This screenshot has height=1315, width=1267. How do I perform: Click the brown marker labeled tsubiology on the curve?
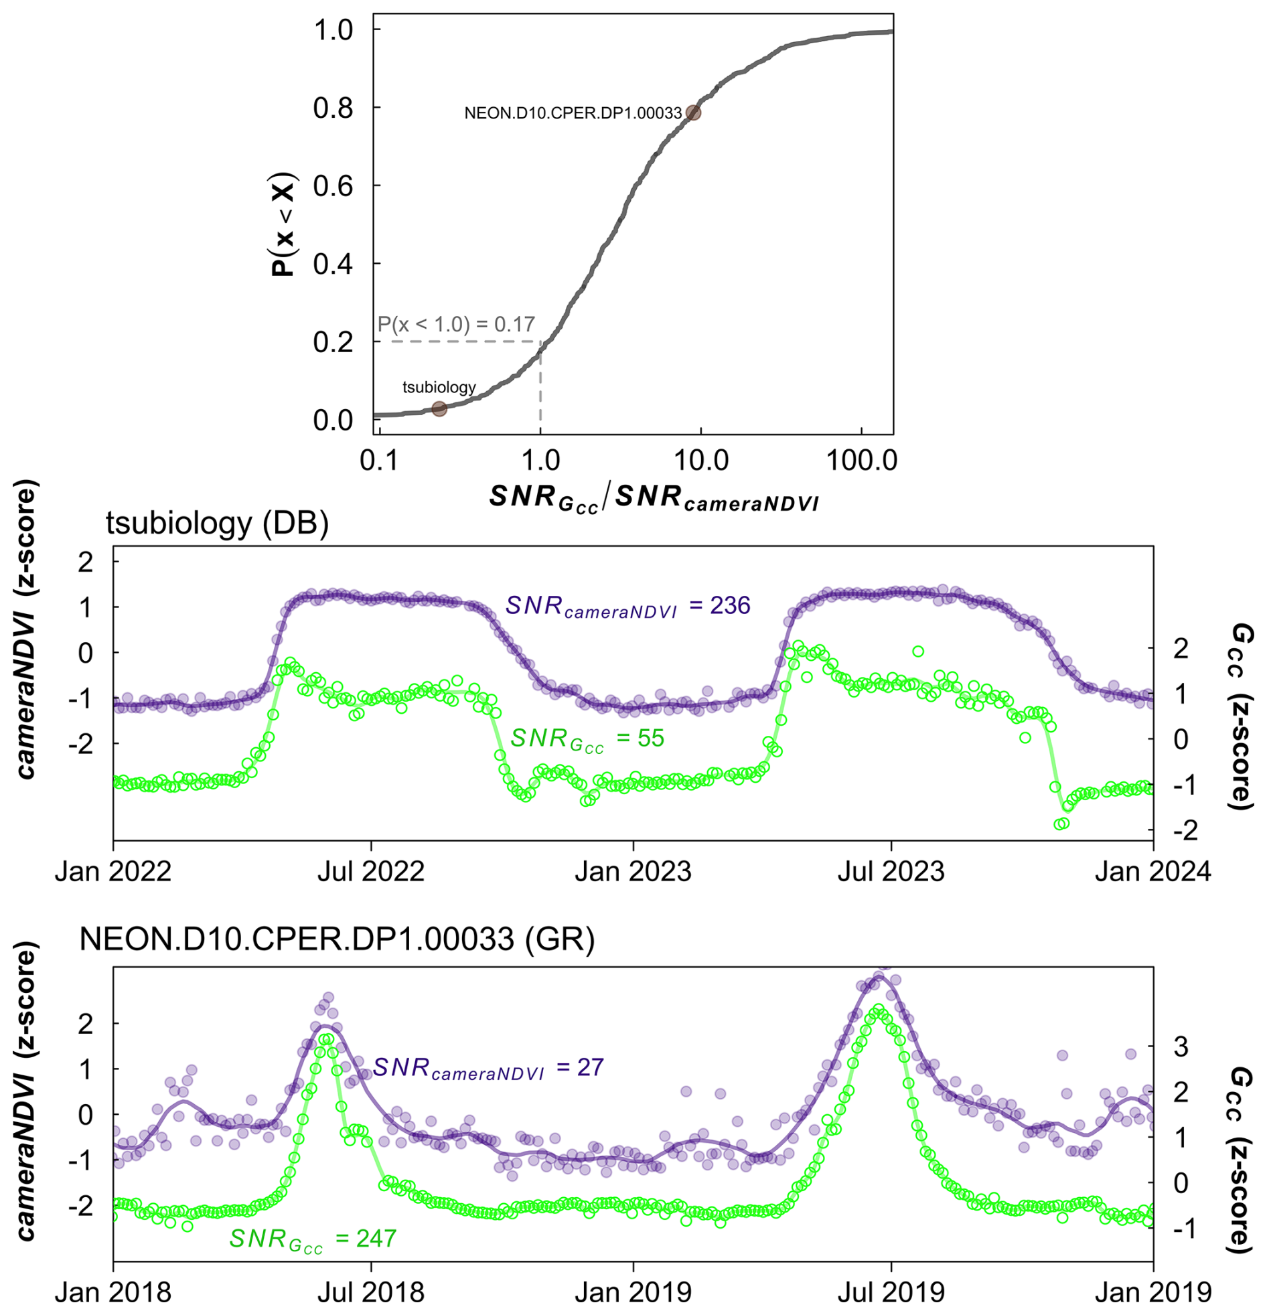(439, 408)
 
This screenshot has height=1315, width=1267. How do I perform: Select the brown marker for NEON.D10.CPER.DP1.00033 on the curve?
(693, 112)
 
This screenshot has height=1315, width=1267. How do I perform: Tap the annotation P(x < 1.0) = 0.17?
(456, 325)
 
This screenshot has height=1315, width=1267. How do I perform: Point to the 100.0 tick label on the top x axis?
(861, 461)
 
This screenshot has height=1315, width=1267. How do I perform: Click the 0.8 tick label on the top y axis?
(333, 108)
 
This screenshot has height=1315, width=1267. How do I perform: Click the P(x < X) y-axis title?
(283, 224)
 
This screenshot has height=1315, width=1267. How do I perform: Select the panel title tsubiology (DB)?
(218, 523)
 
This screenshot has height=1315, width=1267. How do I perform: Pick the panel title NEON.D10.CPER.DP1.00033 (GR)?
(337, 939)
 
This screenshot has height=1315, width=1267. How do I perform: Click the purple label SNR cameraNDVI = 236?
(627, 606)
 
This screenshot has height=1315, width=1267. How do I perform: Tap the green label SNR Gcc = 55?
(587, 739)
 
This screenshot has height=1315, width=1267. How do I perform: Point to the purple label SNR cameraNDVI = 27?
(488, 1067)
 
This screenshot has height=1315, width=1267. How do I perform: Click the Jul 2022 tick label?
(371, 872)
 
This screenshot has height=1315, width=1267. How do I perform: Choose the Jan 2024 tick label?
(1153, 872)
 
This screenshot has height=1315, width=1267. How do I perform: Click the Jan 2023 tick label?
(633, 872)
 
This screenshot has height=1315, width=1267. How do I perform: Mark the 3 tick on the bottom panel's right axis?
(1181, 1046)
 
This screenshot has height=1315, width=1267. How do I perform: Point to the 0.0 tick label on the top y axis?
(333, 420)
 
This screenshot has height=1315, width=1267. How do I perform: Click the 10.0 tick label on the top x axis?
(700, 461)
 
